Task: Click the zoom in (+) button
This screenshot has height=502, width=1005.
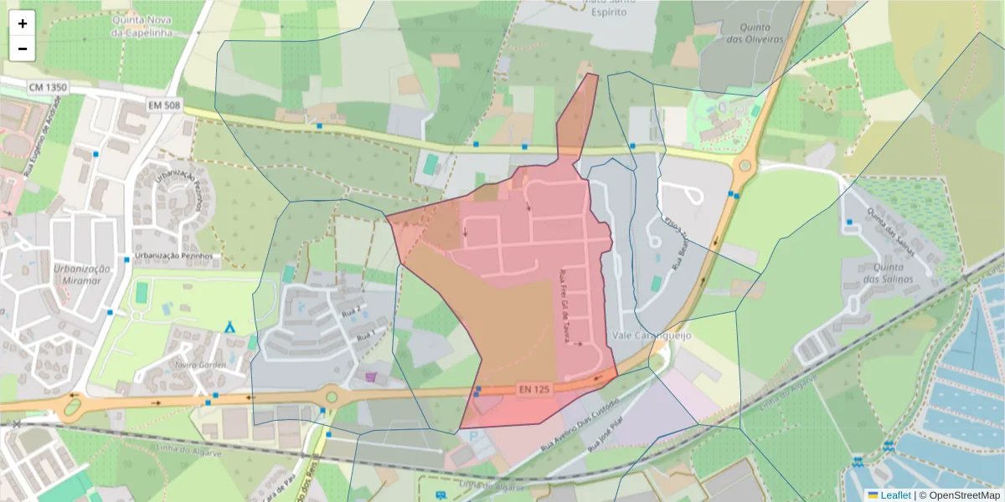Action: [23, 24]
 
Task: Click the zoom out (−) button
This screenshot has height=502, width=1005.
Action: [23, 49]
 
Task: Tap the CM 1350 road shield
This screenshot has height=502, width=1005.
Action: [47, 87]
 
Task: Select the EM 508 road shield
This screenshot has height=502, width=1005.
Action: [164, 105]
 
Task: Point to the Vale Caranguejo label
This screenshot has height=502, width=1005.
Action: [652, 335]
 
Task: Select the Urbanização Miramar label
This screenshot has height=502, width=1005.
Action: [82, 274]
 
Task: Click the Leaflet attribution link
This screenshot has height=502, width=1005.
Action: [895, 494]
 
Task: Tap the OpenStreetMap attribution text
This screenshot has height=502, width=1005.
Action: [959, 494]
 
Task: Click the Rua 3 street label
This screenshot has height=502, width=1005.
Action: [366, 335]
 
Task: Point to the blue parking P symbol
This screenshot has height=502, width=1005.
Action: [475, 436]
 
